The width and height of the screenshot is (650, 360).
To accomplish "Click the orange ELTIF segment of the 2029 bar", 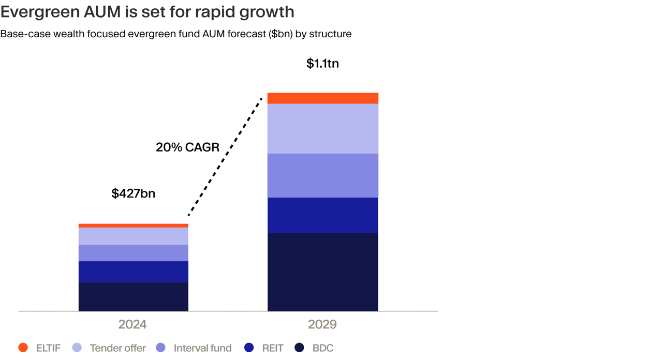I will pos(323,98).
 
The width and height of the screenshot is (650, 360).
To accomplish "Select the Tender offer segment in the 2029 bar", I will pos(323,129).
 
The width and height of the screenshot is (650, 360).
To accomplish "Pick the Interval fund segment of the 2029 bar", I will pos(323,175).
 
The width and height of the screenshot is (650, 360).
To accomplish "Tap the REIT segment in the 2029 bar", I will pos(323,215).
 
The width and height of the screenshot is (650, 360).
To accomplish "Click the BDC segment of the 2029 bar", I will pos(323,272).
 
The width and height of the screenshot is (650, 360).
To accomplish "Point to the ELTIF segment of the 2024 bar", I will pos(134,226).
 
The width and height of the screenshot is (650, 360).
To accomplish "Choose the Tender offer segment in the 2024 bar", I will pos(134,236).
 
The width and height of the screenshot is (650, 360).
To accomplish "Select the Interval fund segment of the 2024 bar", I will pos(134,253).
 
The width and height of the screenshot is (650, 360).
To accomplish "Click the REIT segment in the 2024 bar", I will pos(134,272).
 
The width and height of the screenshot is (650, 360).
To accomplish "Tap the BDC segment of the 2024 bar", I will pos(134,296).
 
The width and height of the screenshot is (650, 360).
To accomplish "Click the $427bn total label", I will pos(134,193).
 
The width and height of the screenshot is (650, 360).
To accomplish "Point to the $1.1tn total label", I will pos(322,64).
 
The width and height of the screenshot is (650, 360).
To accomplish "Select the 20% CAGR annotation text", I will pos(187,147).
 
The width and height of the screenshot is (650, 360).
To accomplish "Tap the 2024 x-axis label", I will pos(132,324).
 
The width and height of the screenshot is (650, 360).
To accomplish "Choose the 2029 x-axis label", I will pos(322,324).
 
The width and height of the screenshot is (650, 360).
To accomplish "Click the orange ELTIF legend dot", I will pos(23,348).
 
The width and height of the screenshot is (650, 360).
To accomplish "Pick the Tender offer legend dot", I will pos(77,348).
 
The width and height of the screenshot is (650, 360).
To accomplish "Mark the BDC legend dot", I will pos(299,348).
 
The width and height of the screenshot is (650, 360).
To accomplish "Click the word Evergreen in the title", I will pos(40,12).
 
